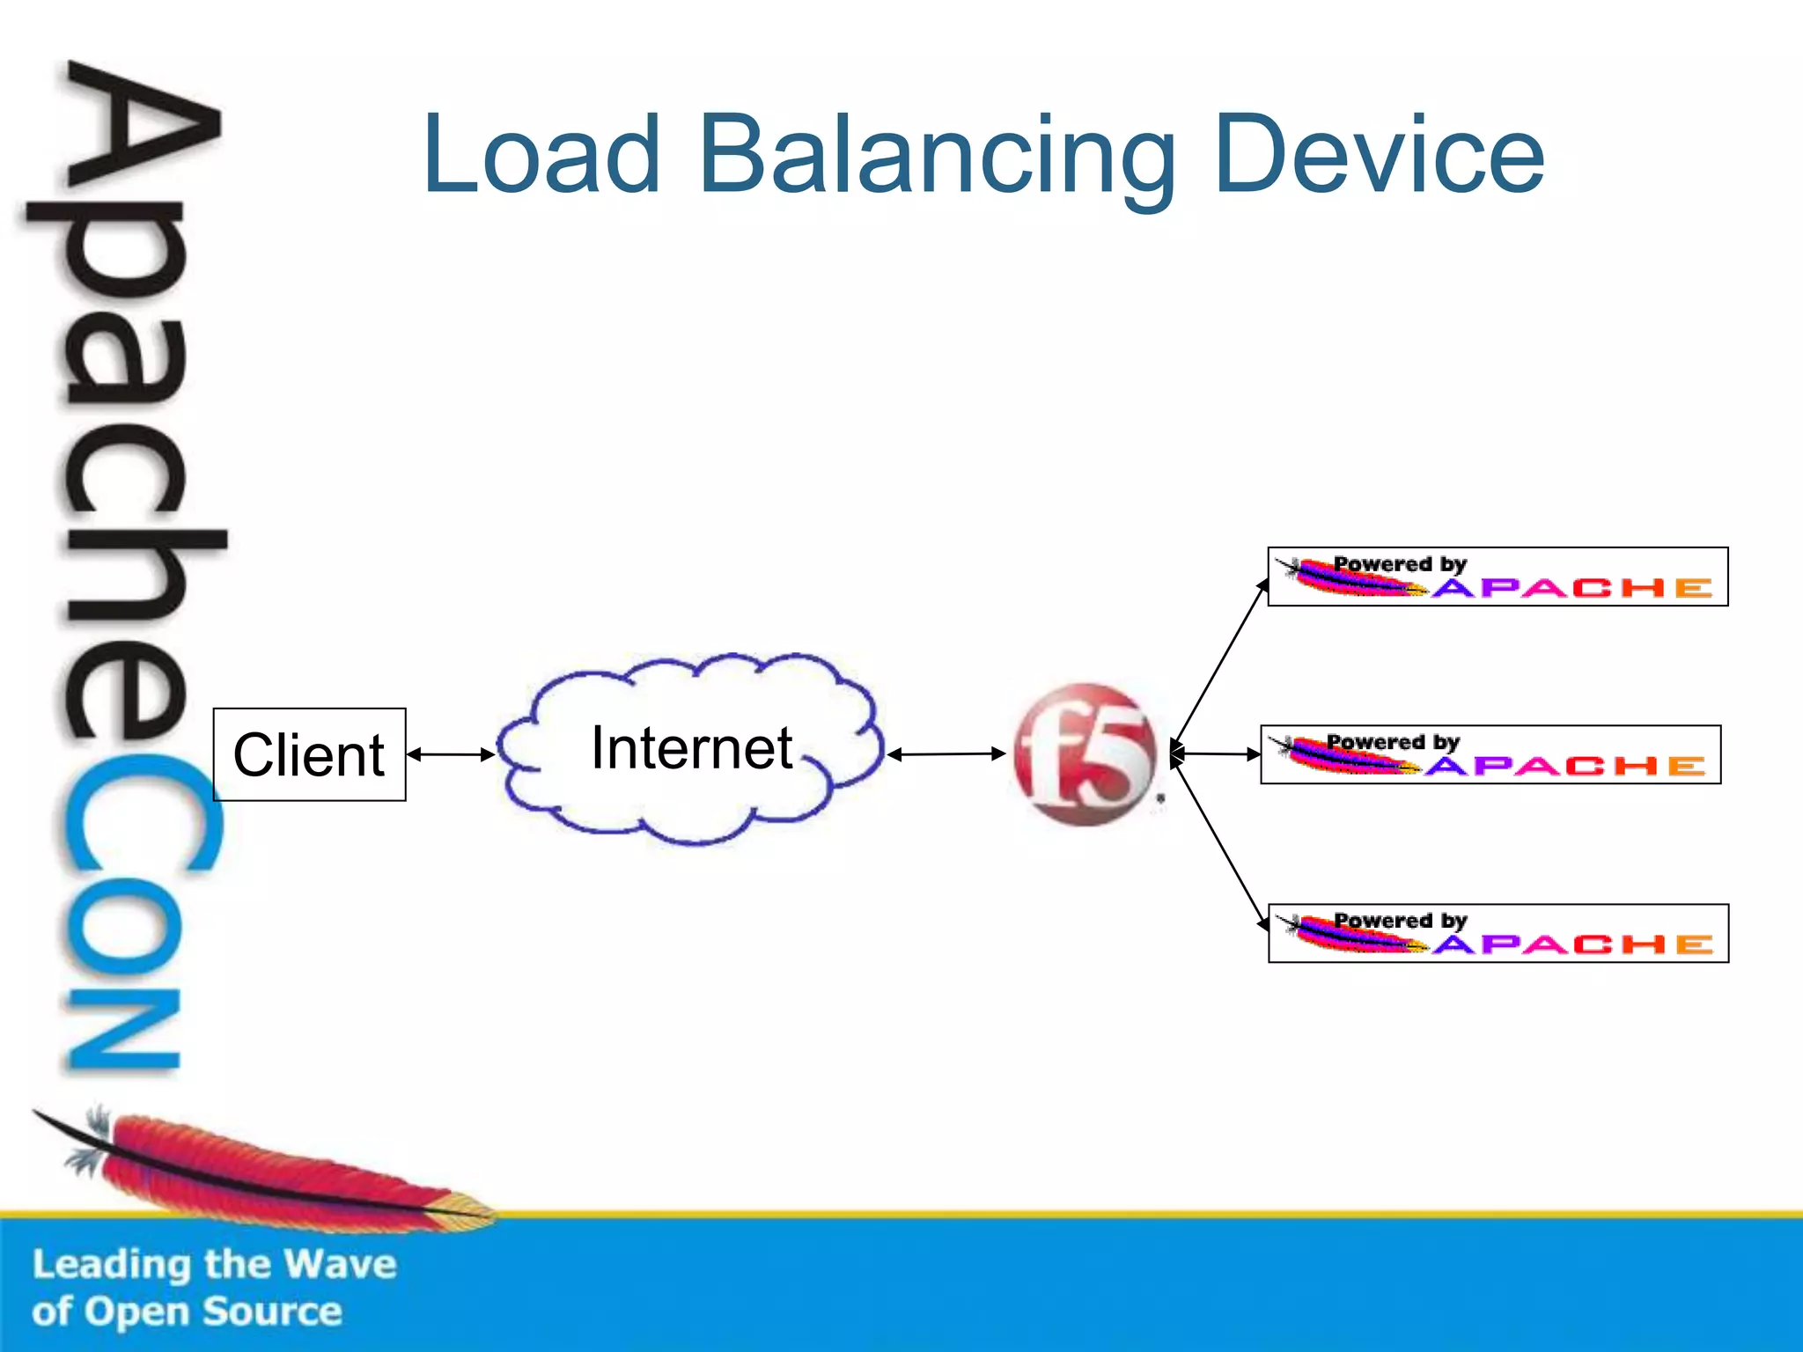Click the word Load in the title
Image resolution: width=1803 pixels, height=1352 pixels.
(x=541, y=154)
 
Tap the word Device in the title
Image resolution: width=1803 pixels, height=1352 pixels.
(x=1379, y=154)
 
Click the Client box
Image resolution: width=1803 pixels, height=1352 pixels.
(x=309, y=754)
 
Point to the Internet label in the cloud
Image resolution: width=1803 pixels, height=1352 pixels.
(x=692, y=747)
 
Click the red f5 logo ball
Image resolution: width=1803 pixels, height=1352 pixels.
(x=1085, y=754)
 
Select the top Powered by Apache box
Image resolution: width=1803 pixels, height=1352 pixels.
(x=1498, y=577)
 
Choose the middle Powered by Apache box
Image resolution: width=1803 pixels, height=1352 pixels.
(x=1490, y=754)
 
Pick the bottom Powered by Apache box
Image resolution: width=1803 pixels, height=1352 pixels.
(x=1498, y=933)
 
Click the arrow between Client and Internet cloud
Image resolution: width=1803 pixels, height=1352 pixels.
(x=451, y=754)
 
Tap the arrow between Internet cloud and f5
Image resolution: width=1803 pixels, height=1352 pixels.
(x=946, y=753)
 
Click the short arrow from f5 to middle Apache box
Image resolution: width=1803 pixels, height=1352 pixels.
(x=1216, y=753)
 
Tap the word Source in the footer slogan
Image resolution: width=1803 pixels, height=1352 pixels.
(x=273, y=1312)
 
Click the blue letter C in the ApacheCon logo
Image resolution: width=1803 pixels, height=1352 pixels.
(x=141, y=814)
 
